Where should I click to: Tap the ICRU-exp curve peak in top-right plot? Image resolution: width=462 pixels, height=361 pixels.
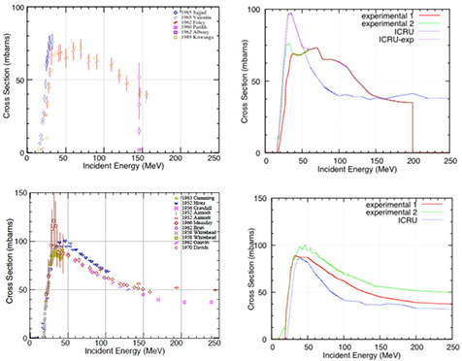pos(289,14)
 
